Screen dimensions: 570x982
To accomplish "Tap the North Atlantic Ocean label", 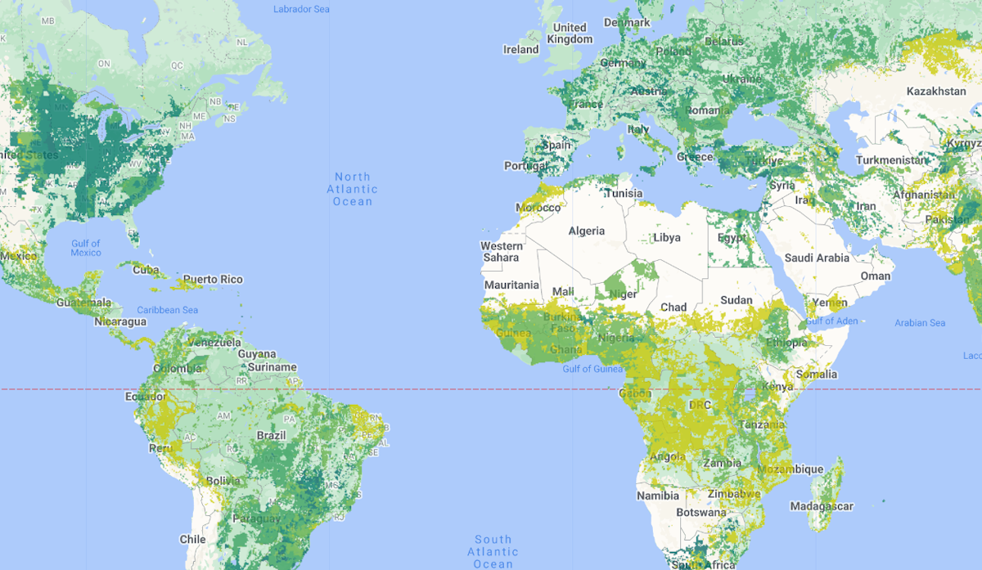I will click(353, 189).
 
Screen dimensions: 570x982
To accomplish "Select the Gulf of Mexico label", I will click(86, 248).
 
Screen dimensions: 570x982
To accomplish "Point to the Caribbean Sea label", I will click(167, 310).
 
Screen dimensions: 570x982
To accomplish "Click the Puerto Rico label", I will click(213, 280).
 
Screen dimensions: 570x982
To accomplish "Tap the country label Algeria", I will click(587, 231).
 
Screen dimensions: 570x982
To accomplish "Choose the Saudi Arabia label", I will click(817, 258).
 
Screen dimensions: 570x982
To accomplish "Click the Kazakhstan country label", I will click(936, 91).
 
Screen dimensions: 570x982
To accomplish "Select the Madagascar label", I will click(822, 506).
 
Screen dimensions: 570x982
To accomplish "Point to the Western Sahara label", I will click(501, 252).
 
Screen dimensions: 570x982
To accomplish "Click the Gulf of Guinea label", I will click(592, 369).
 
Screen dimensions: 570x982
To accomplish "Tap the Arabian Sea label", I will click(920, 323).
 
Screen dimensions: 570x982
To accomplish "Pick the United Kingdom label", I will click(570, 34).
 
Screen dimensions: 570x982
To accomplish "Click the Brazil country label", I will click(271, 436).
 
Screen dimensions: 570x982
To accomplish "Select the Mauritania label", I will click(511, 285).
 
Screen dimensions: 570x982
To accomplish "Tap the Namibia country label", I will click(658, 496).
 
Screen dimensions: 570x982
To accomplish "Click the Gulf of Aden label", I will click(831, 321).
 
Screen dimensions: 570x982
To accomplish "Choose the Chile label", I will click(192, 539).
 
